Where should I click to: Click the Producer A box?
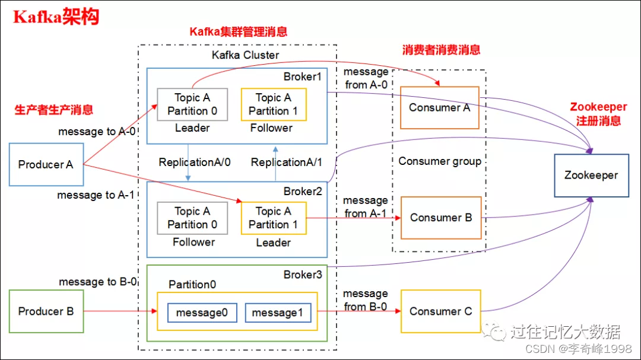[x=46, y=164]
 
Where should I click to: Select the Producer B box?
[x=46, y=311]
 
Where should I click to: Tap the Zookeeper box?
[x=591, y=175]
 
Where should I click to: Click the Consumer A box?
[x=439, y=107]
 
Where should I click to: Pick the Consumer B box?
[x=441, y=218]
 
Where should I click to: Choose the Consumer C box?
[x=440, y=311]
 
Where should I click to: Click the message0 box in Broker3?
[x=202, y=313]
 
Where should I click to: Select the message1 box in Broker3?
[x=278, y=313]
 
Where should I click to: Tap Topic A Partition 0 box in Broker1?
[x=192, y=104]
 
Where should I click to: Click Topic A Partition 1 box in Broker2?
[x=273, y=218]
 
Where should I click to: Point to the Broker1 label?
[x=302, y=77]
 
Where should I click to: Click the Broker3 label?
[x=302, y=275]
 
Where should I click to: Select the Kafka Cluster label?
[x=245, y=55]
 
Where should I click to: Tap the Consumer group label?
[x=440, y=161]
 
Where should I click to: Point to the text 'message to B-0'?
[x=97, y=282]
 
